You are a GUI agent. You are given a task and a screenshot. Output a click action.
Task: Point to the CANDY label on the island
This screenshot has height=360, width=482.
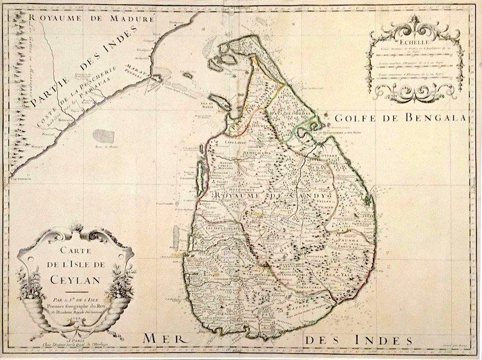point(313,196)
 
